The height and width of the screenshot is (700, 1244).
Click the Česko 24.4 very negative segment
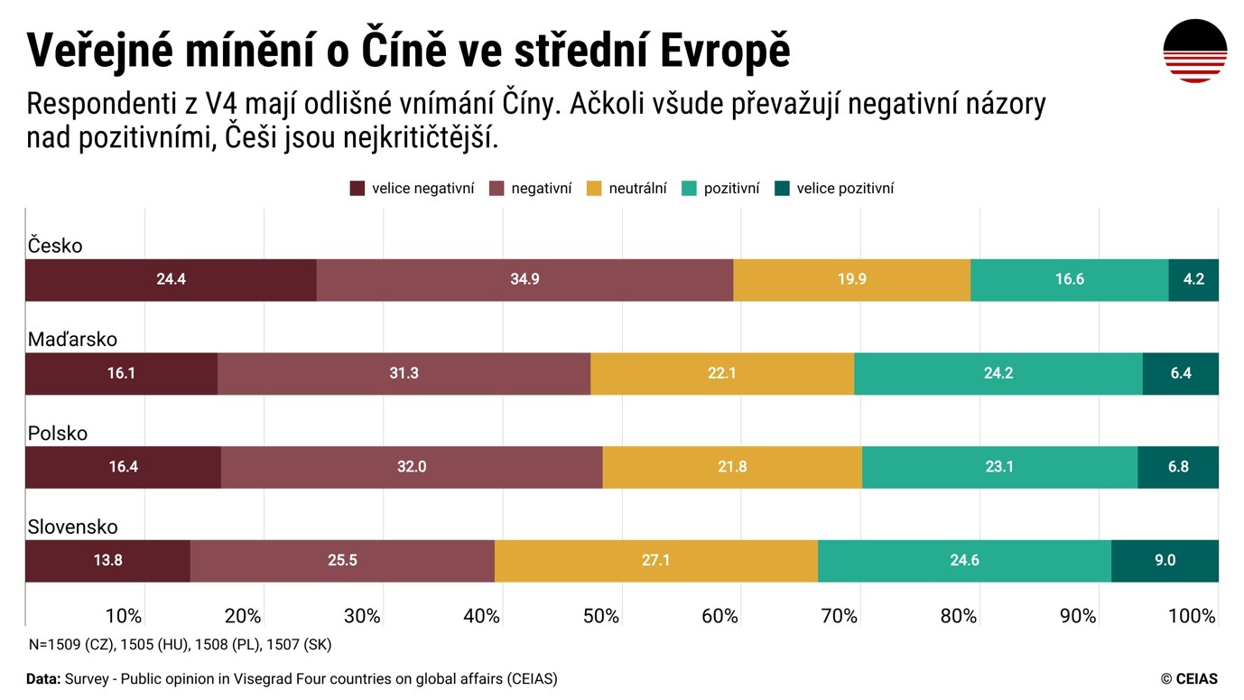(171, 280)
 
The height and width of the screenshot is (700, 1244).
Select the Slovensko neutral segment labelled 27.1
(655, 561)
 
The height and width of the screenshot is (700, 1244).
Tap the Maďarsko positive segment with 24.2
(998, 374)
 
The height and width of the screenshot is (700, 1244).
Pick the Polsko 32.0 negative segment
(411, 468)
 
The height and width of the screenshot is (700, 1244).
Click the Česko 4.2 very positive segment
(1193, 280)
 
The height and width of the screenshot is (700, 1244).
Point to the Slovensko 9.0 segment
(1165, 561)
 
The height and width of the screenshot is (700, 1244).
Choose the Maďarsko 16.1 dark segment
(121, 374)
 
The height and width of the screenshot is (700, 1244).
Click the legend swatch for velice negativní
(357, 189)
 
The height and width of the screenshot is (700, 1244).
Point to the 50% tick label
(600, 616)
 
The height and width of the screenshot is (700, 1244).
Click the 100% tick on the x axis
(1192, 616)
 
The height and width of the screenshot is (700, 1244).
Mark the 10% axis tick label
(124, 616)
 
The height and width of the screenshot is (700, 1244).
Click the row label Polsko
(58, 434)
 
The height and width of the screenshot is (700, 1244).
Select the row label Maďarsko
(72, 340)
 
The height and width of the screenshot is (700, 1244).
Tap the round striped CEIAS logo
(1194, 51)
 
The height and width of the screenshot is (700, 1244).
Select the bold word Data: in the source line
(43, 679)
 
